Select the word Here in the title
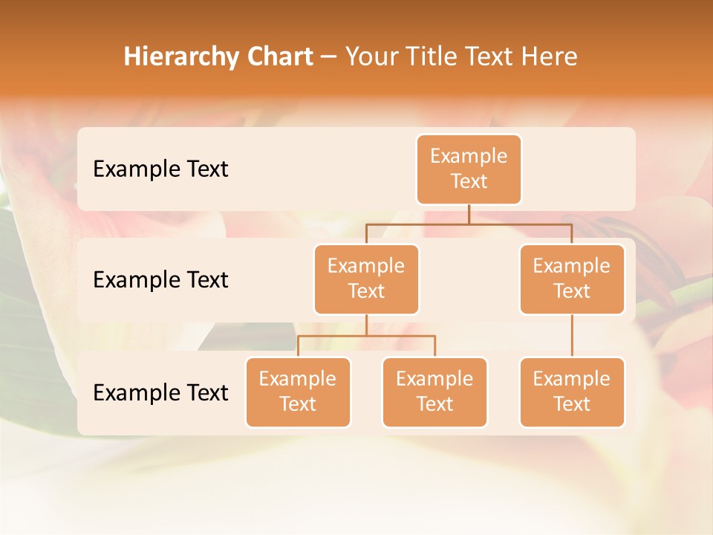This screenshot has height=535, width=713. pos(550,56)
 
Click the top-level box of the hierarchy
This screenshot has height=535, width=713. pos(469,169)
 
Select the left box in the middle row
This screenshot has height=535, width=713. pos(366,279)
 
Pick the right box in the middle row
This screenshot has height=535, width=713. pos(572,279)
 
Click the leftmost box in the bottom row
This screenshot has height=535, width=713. pos(298,392)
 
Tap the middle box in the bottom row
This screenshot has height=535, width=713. pos(434,392)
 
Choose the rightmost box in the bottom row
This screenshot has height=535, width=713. pos(572,392)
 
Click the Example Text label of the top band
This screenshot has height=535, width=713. pos(160,169)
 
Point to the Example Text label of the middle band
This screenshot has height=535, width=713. pos(160,279)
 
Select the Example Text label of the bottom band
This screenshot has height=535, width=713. pos(160,392)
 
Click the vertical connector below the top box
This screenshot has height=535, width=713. pos(469,214)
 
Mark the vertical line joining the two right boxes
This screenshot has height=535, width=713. pos(572,336)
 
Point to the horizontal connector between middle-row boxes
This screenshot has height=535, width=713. pos(469,224)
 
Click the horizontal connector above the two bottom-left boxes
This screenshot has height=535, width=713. pos(366,336)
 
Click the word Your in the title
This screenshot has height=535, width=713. pos(371,56)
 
